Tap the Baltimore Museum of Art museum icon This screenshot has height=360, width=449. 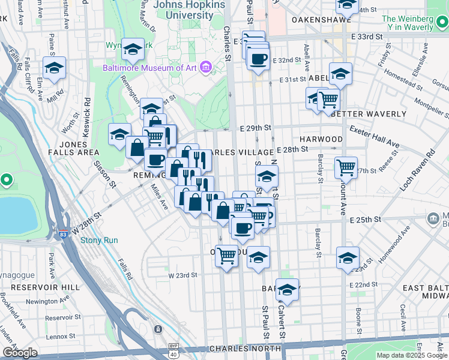(x=206, y=67)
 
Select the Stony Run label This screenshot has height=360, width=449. (x=99, y=241)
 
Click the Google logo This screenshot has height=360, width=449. (x=20, y=353)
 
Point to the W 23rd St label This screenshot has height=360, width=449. (x=182, y=275)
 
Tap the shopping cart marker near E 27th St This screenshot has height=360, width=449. (x=346, y=167)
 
